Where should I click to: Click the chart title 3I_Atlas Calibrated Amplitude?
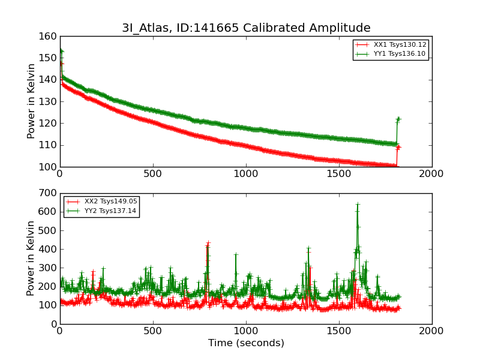pyautogui.click(x=246, y=28)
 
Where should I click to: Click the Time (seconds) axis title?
pyautogui.click(x=246, y=343)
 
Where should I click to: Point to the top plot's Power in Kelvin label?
pyautogui.click(x=32, y=101)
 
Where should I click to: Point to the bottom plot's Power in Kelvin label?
pyautogui.click(x=32, y=259)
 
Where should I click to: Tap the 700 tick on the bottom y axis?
pyautogui.click(x=48, y=194)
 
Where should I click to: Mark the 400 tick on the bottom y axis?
pyautogui.click(x=48, y=250)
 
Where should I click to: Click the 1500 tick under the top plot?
pyautogui.click(x=339, y=174)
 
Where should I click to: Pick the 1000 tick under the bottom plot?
pyautogui.click(x=246, y=331)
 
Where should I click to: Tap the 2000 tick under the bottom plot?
pyautogui.click(x=432, y=331)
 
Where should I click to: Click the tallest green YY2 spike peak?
pyautogui.click(x=358, y=205)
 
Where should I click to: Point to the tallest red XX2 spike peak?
pyautogui.click(x=208, y=243)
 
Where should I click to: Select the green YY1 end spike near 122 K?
pyautogui.click(x=398, y=119)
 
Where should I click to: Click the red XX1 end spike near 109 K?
pyautogui.click(x=398, y=147)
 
